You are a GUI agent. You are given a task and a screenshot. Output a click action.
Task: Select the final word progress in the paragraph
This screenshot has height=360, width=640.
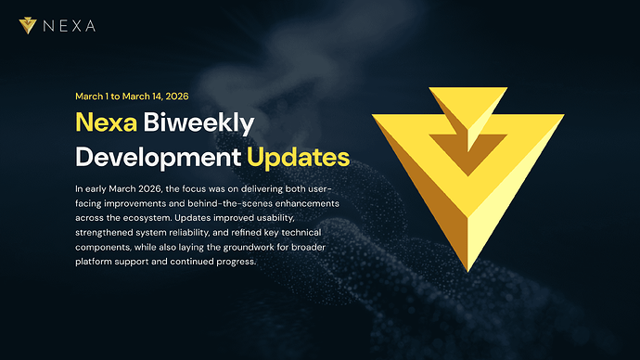249,262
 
